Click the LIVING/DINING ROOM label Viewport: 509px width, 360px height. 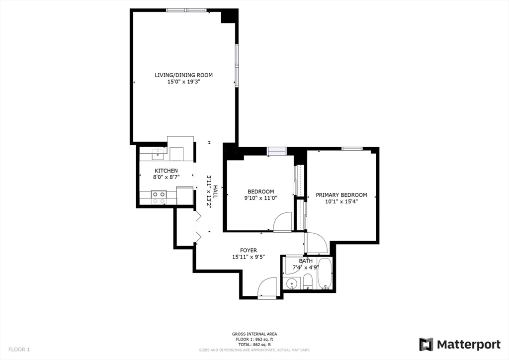pos(183,75)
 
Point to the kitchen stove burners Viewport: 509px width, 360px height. pos(159,198)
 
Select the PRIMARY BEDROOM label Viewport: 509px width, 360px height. pos(341,195)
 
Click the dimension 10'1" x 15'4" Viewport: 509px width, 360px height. pos(341,201)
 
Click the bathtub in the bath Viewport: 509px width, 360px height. pos(326,274)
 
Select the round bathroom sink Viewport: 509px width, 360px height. pos(292,284)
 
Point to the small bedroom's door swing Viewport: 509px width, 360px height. pos(283,222)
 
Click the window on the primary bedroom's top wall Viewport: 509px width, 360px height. pos(351,148)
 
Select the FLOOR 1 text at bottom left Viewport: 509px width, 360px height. pos(18,350)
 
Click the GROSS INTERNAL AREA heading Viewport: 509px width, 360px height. pos(254,334)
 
